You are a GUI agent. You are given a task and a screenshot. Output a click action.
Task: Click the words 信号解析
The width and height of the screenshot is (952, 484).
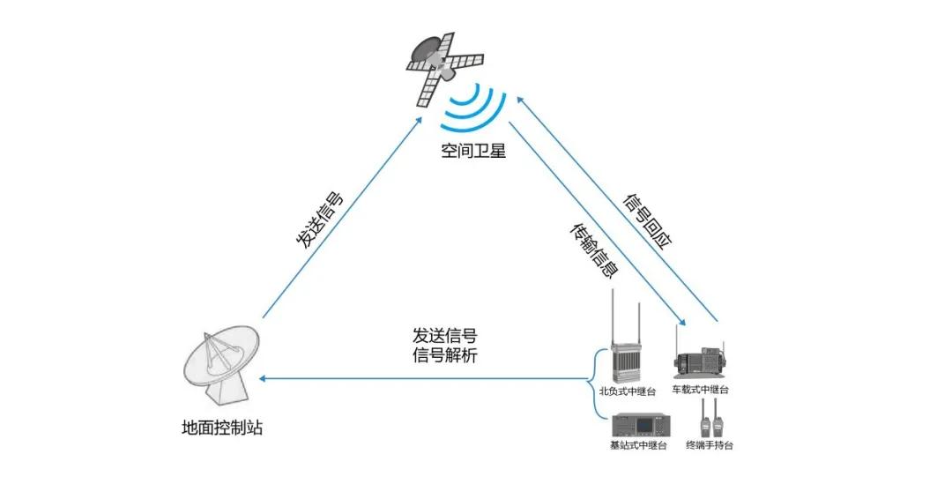click(445, 355)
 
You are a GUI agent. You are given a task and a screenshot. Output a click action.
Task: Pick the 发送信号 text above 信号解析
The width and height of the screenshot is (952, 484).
click(445, 336)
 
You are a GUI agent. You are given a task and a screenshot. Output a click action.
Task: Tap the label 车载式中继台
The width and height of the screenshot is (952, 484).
click(702, 390)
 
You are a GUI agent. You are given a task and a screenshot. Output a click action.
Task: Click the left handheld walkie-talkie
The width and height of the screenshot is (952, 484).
click(705, 421)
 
